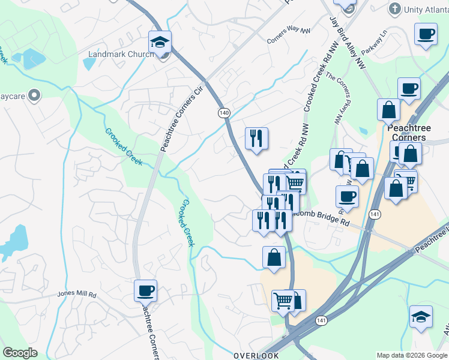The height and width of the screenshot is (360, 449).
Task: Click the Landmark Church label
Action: click(121, 54)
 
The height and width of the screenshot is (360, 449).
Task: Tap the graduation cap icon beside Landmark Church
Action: click(160, 42)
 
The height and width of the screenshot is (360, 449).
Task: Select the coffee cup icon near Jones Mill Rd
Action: click(145, 291)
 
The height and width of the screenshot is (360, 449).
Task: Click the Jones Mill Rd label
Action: click(76, 294)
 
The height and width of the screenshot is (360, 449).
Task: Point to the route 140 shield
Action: click(224, 112)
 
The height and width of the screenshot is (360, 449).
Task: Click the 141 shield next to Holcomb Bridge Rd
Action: click(375, 214)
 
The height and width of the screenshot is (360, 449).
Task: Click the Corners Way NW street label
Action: click(288, 37)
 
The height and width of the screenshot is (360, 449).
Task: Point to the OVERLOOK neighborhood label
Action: click(256, 355)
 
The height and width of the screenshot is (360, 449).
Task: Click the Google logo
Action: click(20, 353)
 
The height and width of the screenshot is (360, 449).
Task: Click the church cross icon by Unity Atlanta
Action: click(394, 9)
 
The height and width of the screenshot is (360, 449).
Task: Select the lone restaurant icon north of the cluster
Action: click(256, 139)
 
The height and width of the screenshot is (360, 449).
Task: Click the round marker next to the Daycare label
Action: click(34, 95)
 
